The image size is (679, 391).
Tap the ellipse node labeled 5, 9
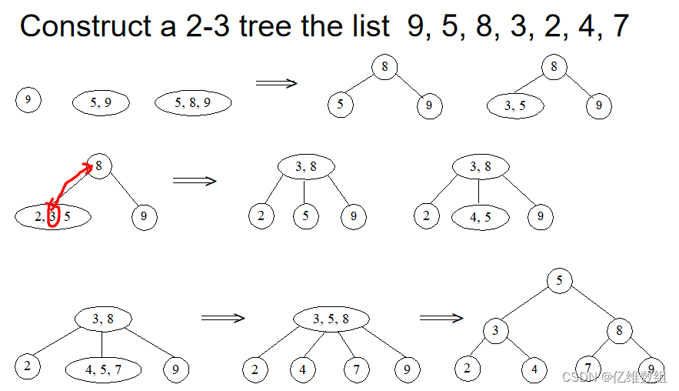(x=101, y=102)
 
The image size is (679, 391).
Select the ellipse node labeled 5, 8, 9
(x=193, y=102)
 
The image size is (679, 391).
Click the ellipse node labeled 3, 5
(x=515, y=106)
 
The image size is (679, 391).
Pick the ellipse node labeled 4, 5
(x=480, y=217)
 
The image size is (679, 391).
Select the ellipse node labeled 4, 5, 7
(x=103, y=369)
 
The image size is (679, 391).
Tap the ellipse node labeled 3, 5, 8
(x=331, y=319)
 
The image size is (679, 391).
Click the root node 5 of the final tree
(x=560, y=280)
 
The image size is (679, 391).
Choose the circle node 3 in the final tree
(x=496, y=331)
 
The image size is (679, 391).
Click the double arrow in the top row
(x=276, y=83)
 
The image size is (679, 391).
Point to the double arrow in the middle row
(x=195, y=181)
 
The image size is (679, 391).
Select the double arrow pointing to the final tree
(x=441, y=317)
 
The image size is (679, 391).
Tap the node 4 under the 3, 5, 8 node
(x=302, y=370)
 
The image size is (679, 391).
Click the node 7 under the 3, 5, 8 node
(x=356, y=370)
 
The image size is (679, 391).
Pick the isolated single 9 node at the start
(x=28, y=100)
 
